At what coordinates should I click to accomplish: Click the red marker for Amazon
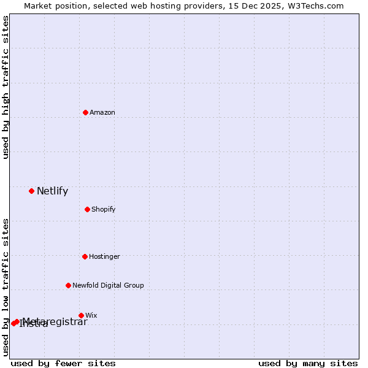[85, 112]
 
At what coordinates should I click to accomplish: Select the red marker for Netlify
[31, 191]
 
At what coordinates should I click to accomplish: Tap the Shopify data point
[87, 209]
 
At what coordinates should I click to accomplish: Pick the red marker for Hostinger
[85, 256]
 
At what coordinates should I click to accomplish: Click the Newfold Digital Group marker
[68, 285]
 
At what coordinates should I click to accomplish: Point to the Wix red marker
[81, 315]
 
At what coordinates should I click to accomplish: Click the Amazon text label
[102, 112]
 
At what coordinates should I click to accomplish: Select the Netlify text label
[52, 191]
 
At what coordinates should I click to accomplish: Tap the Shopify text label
[104, 209]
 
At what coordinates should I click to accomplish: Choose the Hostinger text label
[104, 256]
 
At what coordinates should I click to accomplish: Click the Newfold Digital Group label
[108, 285]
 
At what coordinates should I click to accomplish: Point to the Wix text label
[91, 315]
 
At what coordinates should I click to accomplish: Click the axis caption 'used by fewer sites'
[63, 363]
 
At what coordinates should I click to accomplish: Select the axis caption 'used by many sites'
[308, 363]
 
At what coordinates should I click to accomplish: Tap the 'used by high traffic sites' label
[6, 87]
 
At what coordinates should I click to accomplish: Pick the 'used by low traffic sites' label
[6, 287]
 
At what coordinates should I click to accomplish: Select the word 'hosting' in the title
[160, 6]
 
